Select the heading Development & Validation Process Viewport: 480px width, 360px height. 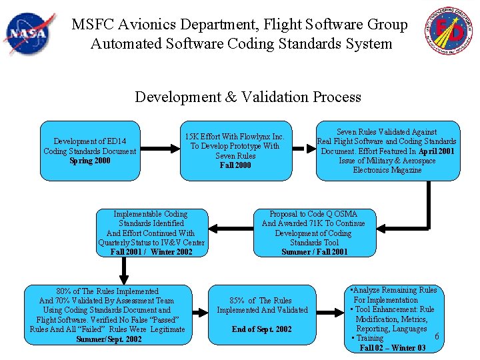[x=248, y=97]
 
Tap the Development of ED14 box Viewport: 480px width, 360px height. [x=90, y=151]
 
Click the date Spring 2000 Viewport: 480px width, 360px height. [x=90, y=161]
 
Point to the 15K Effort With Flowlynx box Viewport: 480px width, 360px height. [x=235, y=151]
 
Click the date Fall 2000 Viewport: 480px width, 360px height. [x=235, y=165]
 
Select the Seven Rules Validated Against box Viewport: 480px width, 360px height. [x=387, y=151]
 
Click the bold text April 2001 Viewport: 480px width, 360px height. [x=437, y=151]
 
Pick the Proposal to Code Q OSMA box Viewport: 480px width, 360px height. [x=314, y=233]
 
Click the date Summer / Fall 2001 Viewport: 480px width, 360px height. [x=314, y=252]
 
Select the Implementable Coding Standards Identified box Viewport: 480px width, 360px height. [x=151, y=233]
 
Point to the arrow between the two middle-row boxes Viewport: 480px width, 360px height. [x=229, y=233]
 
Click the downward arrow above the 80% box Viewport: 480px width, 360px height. [x=124, y=271]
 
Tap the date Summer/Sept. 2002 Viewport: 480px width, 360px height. [x=109, y=339]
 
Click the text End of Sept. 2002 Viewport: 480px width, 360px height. [x=262, y=329]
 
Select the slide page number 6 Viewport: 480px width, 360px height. [x=437, y=335]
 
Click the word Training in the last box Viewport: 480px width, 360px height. [x=370, y=339]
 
